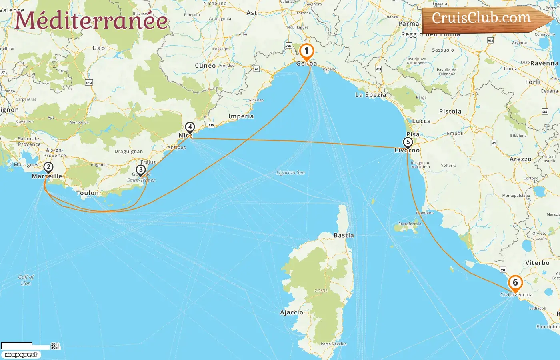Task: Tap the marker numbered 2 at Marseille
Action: point(48,168)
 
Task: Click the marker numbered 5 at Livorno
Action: point(408,142)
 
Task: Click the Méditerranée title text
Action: point(91,20)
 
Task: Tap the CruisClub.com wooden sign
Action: point(482,18)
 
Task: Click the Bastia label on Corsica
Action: point(344,235)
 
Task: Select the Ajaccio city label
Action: point(291,312)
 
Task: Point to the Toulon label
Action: point(87,193)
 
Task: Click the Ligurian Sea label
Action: point(290,173)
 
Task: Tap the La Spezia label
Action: point(370,95)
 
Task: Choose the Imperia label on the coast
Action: point(241,116)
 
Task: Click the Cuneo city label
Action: point(205,66)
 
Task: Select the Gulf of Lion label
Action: point(26,280)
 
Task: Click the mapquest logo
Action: point(21,355)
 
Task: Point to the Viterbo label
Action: point(537,263)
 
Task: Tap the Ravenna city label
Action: point(544,63)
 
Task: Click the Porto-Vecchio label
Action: point(334,344)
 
